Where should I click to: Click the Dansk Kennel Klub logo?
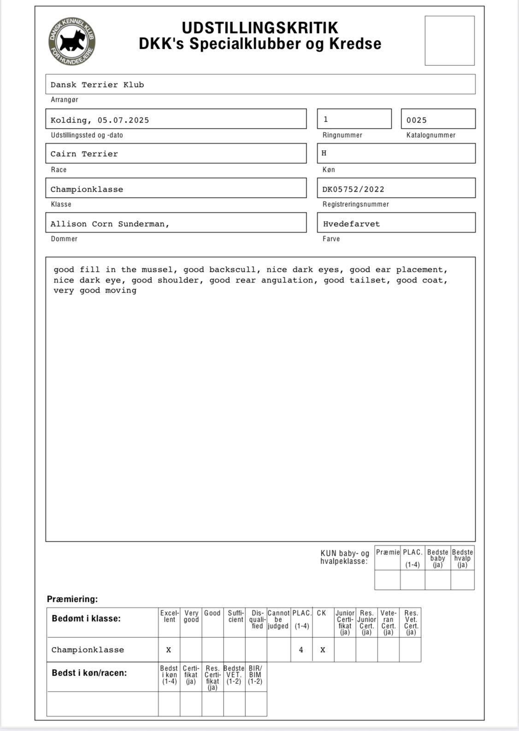pos(72,41)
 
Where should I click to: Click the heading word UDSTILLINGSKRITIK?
pos(260,28)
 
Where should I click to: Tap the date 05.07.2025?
pos(123,120)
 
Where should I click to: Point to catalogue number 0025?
pos(417,120)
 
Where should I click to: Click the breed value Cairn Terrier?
pos(84,154)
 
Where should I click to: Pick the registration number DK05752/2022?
pos(353,189)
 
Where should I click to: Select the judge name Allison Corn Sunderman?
pos(109,224)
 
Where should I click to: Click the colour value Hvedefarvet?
pos(351,224)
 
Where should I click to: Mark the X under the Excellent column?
pos(169,650)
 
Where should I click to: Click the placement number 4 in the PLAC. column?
pos(301,650)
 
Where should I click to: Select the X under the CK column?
pos(323,650)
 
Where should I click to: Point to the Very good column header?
pos(191,616)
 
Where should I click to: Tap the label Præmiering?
pos(72,599)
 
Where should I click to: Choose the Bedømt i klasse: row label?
pos(86,619)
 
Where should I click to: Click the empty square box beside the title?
pos(449,41)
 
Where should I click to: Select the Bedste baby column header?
pos(438,558)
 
